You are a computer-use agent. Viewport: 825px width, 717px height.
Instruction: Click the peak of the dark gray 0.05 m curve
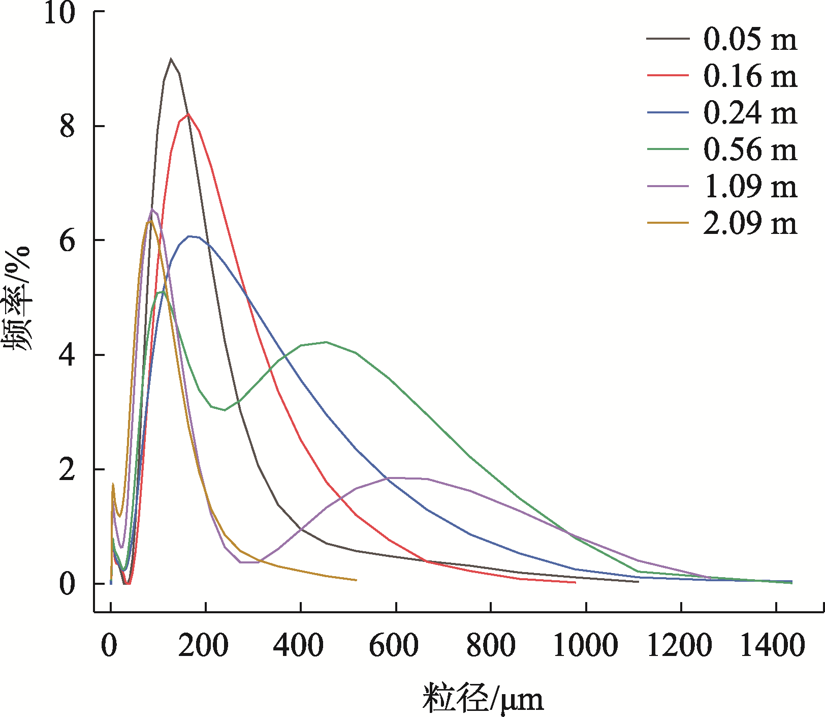171,59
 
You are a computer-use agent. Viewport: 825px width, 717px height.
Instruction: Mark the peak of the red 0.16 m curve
188,114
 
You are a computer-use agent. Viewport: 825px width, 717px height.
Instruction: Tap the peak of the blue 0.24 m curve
190,236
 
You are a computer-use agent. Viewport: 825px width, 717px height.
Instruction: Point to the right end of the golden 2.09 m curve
356,580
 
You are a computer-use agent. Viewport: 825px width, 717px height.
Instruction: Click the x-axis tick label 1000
585,646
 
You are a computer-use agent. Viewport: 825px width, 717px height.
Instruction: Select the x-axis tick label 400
298,646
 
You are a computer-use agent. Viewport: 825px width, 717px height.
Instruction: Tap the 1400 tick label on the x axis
773,646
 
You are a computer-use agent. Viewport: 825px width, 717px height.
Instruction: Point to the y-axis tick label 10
60,12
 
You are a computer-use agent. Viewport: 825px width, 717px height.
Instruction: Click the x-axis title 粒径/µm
483,699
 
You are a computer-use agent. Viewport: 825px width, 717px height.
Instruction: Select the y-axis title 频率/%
18,299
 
